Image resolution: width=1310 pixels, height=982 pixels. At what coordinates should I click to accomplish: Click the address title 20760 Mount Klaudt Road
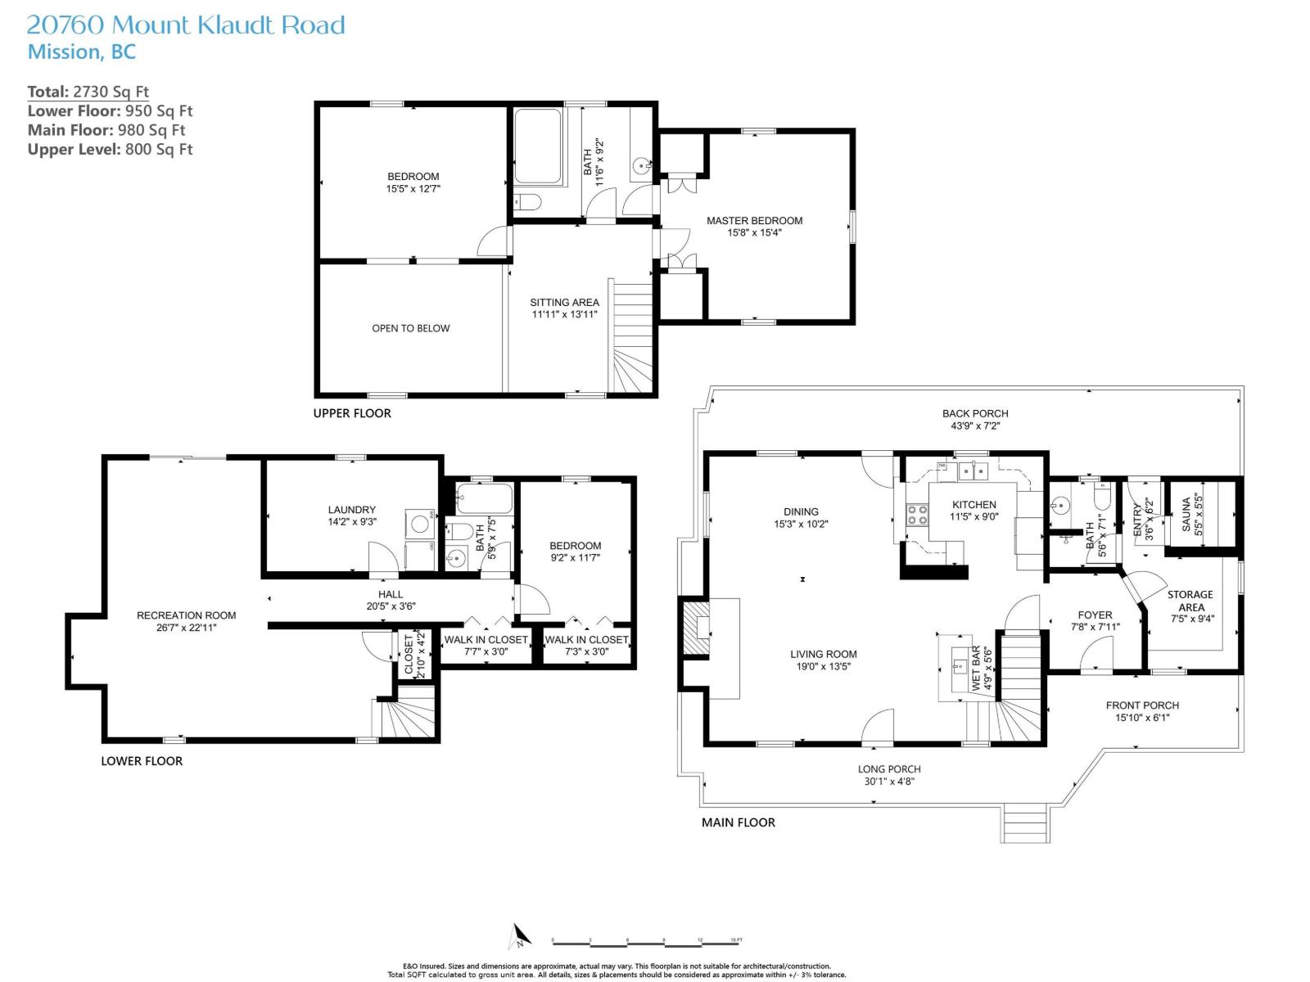pyautogui.click(x=186, y=25)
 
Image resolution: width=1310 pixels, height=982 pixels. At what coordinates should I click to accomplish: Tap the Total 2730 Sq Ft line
pyautogui.click(x=88, y=92)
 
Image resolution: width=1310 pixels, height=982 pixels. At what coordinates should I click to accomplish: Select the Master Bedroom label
pyautogui.click(x=754, y=220)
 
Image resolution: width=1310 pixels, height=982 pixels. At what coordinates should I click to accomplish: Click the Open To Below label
pyautogui.click(x=410, y=328)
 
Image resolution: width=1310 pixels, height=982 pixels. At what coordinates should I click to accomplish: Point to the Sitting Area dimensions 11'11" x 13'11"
pyautogui.click(x=564, y=314)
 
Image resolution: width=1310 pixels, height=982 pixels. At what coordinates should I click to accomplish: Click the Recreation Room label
pyautogui.click(x=186, y=615)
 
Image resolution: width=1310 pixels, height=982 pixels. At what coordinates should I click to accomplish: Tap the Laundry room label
pyautogui.click(x=351, y=510)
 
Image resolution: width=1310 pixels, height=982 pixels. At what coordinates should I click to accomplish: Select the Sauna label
pyautogui.click(x=1186, y=515)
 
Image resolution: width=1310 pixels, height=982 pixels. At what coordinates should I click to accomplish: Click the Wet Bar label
pyautogui.click(x=976, y=669)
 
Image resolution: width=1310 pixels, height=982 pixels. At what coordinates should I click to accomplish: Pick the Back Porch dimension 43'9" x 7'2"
pyautogui.click(x=975, y=426)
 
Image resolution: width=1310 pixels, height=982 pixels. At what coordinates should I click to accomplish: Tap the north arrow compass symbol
pyautogui.click(x=519, y=936)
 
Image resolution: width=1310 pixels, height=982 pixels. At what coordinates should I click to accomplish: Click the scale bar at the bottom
pyautogui.click(x=647, y=941)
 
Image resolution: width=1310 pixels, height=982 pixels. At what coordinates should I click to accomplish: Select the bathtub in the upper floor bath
pyautogui.click(x=538, y=147)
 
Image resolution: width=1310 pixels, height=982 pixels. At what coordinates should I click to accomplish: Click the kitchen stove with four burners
pyautogui.click(x=917, y=515)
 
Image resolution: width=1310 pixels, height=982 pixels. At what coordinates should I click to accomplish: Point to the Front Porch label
pyautogui.click(x=1142, y=705)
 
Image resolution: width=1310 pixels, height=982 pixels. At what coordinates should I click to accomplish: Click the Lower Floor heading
pyautogui.click(x=142, y=761)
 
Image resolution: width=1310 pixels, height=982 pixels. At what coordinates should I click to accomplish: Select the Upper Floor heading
pyautogui.click(x=352, y=413)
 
